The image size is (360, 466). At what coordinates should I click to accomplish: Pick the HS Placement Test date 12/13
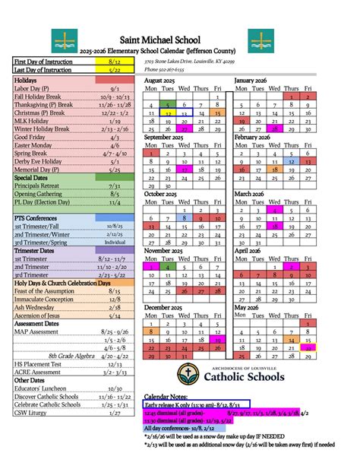[114, 364]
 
